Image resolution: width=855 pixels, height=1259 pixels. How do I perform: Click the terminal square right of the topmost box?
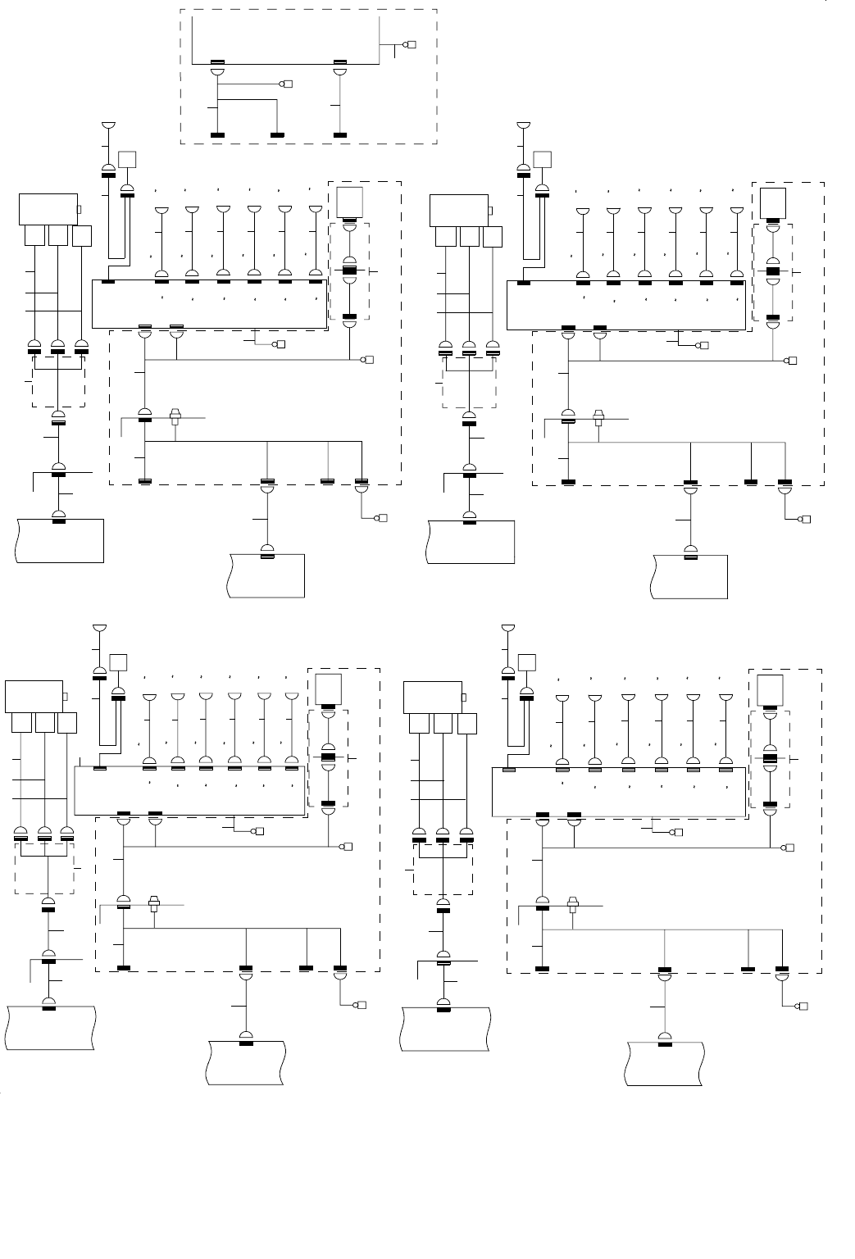[412, 44]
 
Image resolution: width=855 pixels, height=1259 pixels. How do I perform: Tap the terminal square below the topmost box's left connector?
[287, 84]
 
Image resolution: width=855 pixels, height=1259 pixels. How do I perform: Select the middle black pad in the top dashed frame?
[277, 134]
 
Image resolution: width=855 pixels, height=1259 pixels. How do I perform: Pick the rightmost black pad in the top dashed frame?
[340, 134]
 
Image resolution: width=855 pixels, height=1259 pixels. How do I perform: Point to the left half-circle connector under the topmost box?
[217, 72]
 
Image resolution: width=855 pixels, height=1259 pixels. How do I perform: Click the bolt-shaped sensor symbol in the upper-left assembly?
[175, 416]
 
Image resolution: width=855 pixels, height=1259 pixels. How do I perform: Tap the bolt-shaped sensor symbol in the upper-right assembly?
[598, 416]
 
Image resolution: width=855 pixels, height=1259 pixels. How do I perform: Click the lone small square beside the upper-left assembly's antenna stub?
[127, 159]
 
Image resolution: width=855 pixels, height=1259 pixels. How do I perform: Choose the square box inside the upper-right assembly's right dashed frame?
[773, 201]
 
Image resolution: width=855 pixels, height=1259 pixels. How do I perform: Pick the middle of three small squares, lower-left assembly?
[44, 722]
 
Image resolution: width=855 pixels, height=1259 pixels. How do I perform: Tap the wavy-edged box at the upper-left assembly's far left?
[60, 540]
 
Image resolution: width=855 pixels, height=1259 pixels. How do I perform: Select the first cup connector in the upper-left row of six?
[161, 211]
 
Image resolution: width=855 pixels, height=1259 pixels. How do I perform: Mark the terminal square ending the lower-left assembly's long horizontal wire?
[347, 847]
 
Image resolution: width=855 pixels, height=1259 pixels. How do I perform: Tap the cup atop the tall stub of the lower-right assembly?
[507, 628]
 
